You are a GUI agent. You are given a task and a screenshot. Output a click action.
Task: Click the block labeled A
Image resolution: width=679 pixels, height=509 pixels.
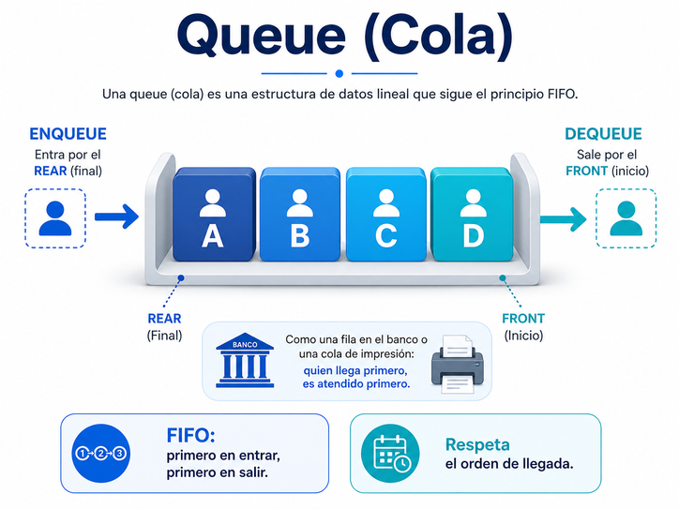pyautogui.click(x=213, y=216)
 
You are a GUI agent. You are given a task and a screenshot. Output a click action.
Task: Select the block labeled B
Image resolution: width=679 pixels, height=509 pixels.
pyautogui.click(x=299, y=216)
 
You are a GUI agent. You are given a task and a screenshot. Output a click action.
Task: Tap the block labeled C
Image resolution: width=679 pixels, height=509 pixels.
pyautogui.click(x=385, y=216)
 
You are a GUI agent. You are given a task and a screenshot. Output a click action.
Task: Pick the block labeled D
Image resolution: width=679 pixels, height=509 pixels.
pyautogui.click(x=472, y=216)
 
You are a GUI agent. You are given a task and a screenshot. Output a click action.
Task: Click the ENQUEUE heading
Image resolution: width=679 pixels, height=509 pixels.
pyautogui.click(x=68, y=134)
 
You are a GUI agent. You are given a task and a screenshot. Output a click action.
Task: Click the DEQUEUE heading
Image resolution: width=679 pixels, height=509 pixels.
pyautogui.click(x=603, y=134)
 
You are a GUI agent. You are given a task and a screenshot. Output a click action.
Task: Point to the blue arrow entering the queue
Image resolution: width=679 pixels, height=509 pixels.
pyautogui.click(x=116, y=217)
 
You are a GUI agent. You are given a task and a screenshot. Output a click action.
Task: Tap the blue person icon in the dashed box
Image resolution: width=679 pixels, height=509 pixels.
pyautogui.click(x=55, y=217)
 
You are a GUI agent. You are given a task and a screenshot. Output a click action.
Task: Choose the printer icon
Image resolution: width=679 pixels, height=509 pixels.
pyautogui.click(x=456, y=362)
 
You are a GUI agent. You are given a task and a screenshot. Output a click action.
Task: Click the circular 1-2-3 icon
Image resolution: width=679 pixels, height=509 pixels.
pyautogui.click(x=100, y=454)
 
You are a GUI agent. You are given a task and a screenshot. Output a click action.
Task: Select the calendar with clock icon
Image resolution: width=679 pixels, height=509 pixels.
pyautogui.click(x=391, y=453)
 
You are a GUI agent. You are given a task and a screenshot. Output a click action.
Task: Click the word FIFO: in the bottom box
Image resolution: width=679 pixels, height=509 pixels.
pyautogui.click(x=191, y=436)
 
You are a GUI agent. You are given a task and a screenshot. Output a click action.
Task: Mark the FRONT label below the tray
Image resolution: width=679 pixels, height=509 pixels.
pyautogui.click(x=523, y=319)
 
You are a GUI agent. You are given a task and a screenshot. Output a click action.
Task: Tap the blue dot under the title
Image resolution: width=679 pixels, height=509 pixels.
pyautogui.click(x=339, y=73)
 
